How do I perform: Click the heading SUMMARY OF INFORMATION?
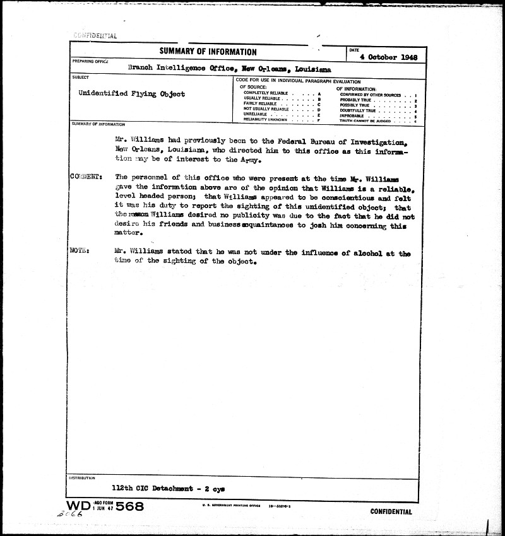(208, 52)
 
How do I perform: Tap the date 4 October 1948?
(388, 57)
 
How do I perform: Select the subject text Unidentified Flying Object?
(131, 94)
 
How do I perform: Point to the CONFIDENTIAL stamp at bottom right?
(391, 512)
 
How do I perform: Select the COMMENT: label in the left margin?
(84, 178)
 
